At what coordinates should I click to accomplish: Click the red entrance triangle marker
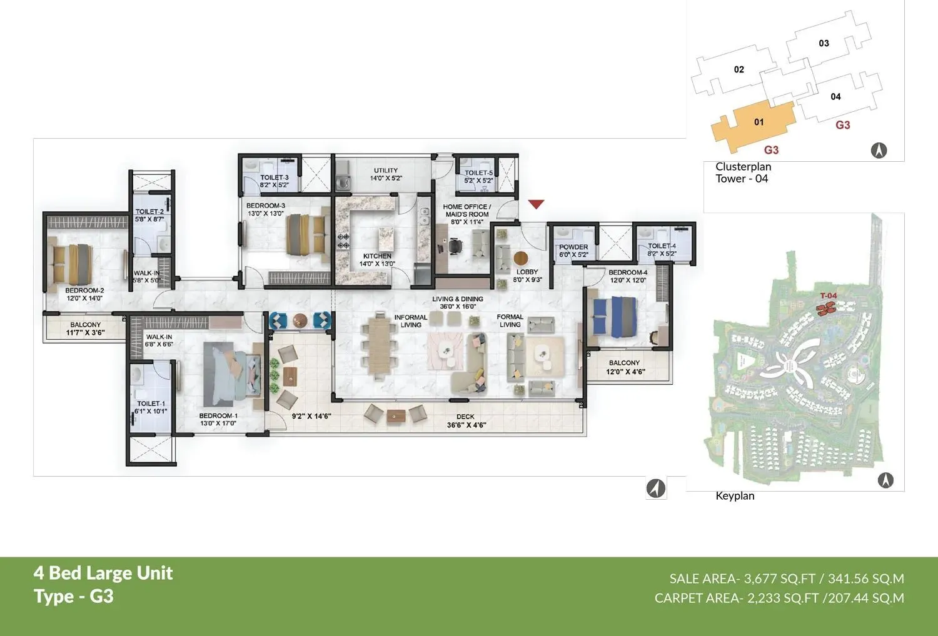click(536, 204)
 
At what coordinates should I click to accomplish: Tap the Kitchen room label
click(377, 256)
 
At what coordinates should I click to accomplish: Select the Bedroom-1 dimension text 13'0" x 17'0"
click(218, 424)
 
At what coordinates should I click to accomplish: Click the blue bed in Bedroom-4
click(615, 316)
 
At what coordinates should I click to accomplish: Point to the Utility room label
click(386, 171)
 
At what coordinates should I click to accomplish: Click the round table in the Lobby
click(520, 257)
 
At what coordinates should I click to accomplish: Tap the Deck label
click(465, 417)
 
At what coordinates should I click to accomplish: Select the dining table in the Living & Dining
click(379, 347)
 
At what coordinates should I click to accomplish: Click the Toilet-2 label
click(149, 212)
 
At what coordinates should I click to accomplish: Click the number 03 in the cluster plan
click(824, 44)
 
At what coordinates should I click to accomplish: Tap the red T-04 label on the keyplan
click(828, 296)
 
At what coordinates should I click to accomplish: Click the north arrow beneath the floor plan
click(655, 488)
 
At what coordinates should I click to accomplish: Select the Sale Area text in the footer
click(786, 579)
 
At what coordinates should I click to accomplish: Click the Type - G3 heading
click(74, 597)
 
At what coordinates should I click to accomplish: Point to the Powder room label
click(573, 247)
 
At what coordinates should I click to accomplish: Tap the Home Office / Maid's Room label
click(466, 211)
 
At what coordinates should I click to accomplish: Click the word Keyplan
click(735, 496)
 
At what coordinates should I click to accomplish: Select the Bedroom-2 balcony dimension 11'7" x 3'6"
click(86, 333)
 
